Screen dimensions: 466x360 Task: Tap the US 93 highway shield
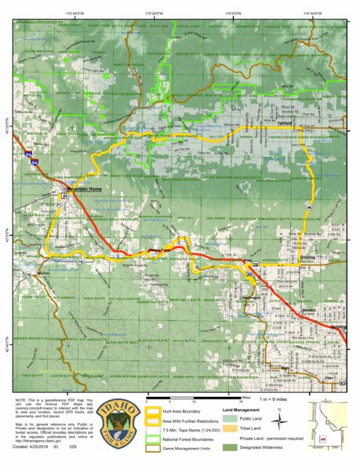tap(343, 384)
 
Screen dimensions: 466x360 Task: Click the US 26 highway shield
tap(256, 265)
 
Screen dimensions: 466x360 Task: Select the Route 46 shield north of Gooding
tap(311, 206)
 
